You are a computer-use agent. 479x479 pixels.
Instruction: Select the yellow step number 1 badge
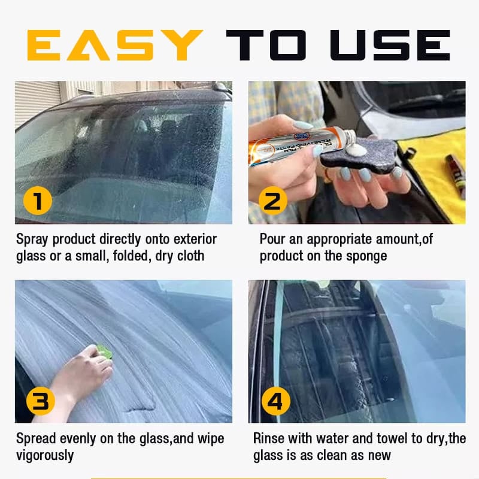[37, 201]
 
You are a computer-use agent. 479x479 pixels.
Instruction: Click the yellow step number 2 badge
[272, 201]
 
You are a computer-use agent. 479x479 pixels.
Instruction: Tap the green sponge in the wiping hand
[105, 351]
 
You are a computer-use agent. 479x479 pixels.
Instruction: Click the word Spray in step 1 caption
[34, 239]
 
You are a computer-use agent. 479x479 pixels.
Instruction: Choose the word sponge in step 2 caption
[366, 256]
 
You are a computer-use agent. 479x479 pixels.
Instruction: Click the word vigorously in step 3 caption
[45, 455]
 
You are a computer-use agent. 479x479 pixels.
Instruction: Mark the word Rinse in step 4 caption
[269, 438]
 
